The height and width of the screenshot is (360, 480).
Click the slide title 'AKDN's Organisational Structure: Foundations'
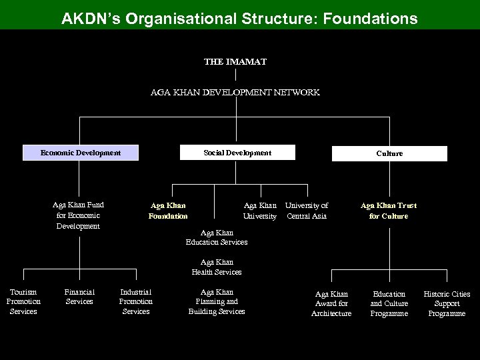coord(239,17)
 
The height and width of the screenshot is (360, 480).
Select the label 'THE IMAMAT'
coord(235,61)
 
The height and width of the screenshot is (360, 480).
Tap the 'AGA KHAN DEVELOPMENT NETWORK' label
coord(235,93)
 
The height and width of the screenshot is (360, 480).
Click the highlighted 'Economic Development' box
coord(81,153)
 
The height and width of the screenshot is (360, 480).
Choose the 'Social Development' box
coord(237,153)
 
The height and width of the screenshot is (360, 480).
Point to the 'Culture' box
coord(389,153)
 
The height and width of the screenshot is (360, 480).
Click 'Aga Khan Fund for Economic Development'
coord(78,215)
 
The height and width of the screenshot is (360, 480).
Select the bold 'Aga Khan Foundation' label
coord(169,211)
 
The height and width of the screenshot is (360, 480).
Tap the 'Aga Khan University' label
coord(260,211)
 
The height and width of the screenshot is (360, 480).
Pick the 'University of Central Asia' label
coord(307,211)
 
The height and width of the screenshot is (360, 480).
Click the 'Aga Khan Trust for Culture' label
coord(389,211)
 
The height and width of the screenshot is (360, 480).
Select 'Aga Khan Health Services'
coord(217,267)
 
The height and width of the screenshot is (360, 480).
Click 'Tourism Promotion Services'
coord(23,302)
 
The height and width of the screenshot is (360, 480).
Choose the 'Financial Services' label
coord(79,297)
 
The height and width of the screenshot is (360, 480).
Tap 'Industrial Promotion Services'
coord(136,302)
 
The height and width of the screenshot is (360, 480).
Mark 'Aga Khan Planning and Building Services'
coord(217,302)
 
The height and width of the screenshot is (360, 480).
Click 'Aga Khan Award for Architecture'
coord(331,304)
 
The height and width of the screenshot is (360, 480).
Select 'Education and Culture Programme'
coord(389,304)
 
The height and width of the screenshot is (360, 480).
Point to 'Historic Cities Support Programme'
coord(447,304)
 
